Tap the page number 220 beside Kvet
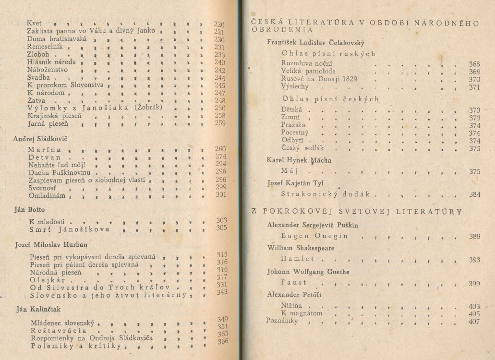click(x=219, y=24)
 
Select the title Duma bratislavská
click(x=57, y=39)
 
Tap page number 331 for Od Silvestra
click(x=222, y=285)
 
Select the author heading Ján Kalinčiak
click(x=38, y=309)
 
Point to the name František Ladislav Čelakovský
click(x=315, y=42)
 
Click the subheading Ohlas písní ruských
click(x=329, y=54)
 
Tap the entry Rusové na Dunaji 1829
click(x=320, y=79)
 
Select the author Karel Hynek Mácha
click(x=299, y=160)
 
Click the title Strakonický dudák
click(x=328, y=194)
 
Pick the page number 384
click(x=474, y=195)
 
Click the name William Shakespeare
click(x=300, y=248)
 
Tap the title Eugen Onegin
click(x=314, y=236)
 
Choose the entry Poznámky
click(x=282, y=321)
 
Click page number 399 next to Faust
click(x=474, y=284)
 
